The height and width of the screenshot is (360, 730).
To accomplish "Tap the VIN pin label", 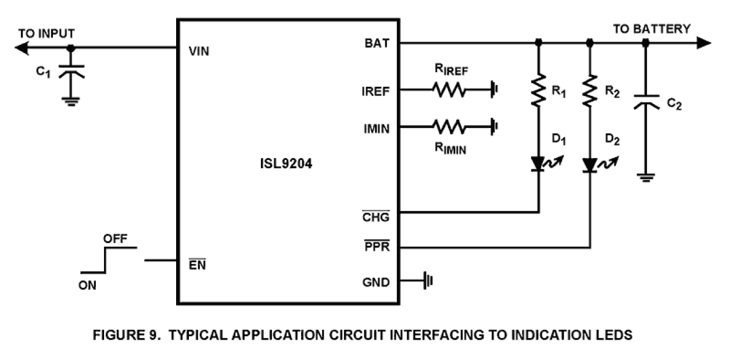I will [199, 51].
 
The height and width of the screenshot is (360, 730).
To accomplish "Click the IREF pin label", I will [375, 91].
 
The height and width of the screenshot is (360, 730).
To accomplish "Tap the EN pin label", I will [197, 266].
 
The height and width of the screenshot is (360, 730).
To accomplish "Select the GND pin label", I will [376, 283].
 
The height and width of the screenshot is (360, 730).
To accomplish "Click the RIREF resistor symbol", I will [448, 90].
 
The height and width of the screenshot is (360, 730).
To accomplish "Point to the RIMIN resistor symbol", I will [448, 126].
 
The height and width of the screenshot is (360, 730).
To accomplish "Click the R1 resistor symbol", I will [538, 90].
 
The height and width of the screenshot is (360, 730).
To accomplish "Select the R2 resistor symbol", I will [590, 90].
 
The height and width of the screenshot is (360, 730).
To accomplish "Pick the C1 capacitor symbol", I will [71, 71].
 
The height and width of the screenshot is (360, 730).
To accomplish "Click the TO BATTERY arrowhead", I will [703, 43].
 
